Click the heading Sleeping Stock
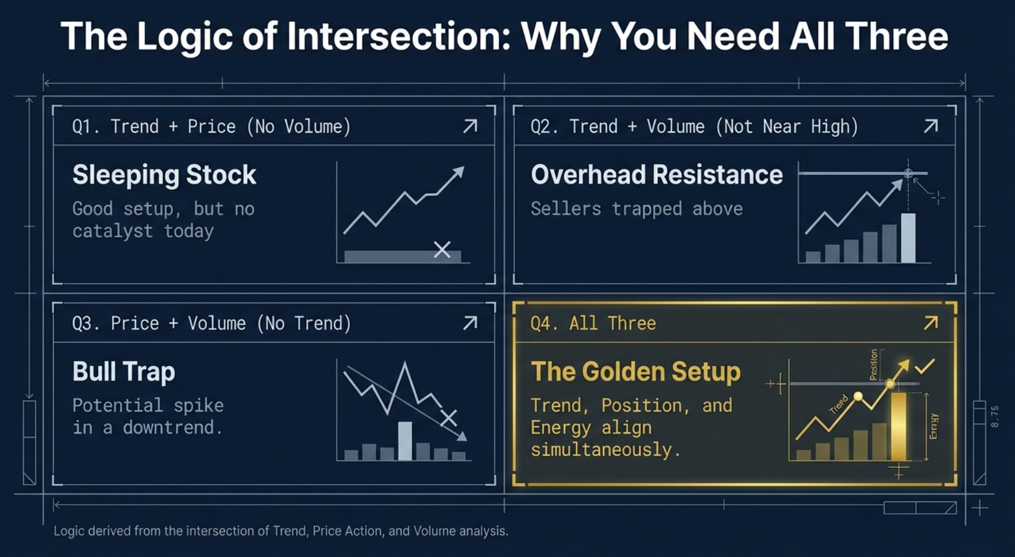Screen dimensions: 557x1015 (164, 175)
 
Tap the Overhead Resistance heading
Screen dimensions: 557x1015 (657, 175)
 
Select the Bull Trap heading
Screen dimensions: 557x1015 (124, 372)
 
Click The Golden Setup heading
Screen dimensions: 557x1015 (635, 372)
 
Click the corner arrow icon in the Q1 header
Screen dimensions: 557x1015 (470, 126)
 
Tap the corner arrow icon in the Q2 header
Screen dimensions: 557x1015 (931, 126)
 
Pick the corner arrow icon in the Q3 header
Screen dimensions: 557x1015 (470, 322)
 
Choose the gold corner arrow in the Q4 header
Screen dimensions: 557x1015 (931, 322)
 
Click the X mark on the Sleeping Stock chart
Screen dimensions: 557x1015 (442, 249)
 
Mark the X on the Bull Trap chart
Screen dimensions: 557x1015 (449, 418)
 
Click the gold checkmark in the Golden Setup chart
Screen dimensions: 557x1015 (925, 366)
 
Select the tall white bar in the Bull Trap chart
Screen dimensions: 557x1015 (405, 440)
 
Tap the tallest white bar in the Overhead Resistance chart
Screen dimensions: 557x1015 (908, 237)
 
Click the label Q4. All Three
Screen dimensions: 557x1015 (593, 323)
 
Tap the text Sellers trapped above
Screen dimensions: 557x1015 (636, 209)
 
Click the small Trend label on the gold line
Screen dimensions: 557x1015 (839, 404)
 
